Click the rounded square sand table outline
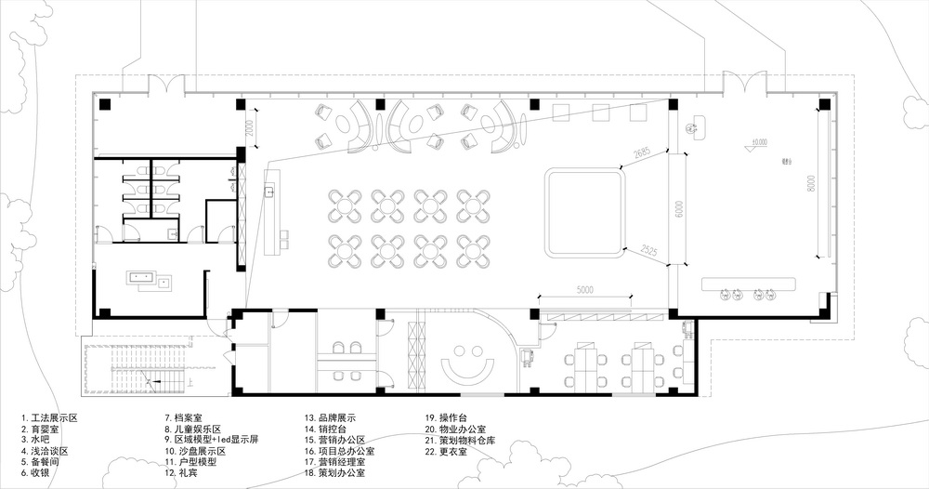582,212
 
